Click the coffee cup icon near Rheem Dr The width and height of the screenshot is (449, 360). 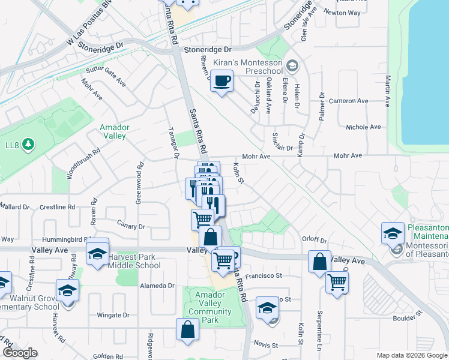[x=222, y=80]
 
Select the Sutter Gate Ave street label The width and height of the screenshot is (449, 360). [x=106, y=75]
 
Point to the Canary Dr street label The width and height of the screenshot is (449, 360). [x=133, y=227]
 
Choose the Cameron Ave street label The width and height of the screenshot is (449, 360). [x=355, y=101]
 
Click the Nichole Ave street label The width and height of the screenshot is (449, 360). [x=364, y=127]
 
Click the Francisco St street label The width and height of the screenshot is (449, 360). [x=264, y=276]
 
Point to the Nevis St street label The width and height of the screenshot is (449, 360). [x=267, y=346]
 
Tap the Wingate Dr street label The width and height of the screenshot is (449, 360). [x=109, y=314]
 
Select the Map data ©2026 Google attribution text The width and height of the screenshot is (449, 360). [x=412, y=355]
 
